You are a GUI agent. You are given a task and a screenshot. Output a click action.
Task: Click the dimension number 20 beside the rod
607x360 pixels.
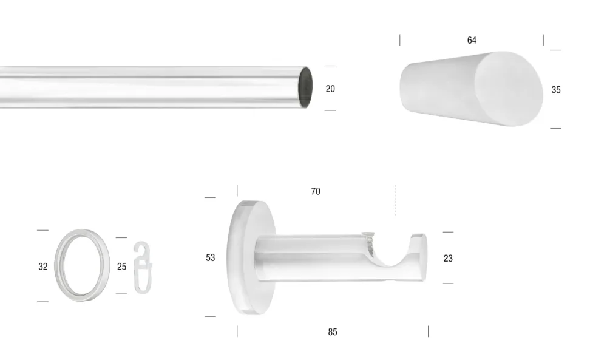click(x=330, y=89)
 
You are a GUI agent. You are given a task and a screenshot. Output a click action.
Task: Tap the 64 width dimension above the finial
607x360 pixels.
click(x=472, y=40)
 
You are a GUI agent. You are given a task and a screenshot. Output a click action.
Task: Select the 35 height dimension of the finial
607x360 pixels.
click(x=556, y=90)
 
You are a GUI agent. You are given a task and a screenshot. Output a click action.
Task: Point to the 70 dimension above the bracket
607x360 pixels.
click(x=316, y=191)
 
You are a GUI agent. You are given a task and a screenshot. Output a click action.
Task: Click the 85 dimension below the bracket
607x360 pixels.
click(x=333, y=331)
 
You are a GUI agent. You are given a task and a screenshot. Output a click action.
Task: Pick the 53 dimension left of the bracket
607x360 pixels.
click(x=210, y=257)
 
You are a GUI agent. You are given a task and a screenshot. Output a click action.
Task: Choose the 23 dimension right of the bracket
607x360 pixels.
click(x=448, y=258)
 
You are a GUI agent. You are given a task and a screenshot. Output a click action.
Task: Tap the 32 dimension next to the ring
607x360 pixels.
click(x=43, y=267)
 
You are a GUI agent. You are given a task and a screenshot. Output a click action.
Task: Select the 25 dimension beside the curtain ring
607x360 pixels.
click(x=121, y=267)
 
